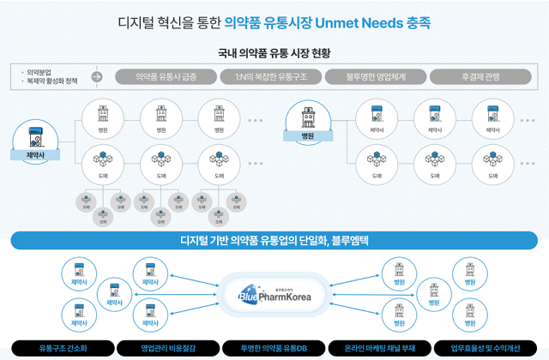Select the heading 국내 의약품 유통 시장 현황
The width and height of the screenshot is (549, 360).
tap(274, 53)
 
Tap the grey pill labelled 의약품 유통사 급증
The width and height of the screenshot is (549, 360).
tap(166, 77)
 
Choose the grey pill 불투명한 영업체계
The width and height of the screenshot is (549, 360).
tap(377, 77)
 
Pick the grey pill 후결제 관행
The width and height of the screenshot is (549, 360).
tap(481, 77)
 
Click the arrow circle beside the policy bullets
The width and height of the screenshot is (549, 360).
tap(97, 77)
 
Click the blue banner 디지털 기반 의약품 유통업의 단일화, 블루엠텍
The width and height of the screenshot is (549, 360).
tap(274, 241)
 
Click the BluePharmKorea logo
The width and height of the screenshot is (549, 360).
tap(274, 294)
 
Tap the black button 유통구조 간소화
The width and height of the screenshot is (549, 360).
tap(63, 348)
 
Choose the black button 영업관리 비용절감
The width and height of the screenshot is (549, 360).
tap(169, 348)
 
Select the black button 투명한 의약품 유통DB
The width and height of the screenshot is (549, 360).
tap(274, 348)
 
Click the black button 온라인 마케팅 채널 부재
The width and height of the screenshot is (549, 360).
tap(379, 348)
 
